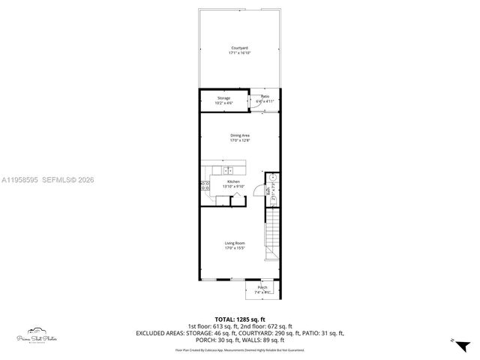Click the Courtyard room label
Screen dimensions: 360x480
[239, 49]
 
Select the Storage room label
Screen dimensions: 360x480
[223, 98]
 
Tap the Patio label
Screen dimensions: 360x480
[265, 96]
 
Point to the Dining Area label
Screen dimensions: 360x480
[239, 135]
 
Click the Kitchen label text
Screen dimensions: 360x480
[233, 182]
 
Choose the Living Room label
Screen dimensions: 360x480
[235, 243]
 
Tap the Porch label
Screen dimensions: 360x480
[262, 287]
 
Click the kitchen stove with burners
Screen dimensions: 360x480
[204, 187]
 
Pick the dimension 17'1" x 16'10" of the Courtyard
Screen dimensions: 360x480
[239, 53]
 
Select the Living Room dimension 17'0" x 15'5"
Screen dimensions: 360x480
[235, 247]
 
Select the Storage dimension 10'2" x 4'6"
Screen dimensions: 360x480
[223, 103]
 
